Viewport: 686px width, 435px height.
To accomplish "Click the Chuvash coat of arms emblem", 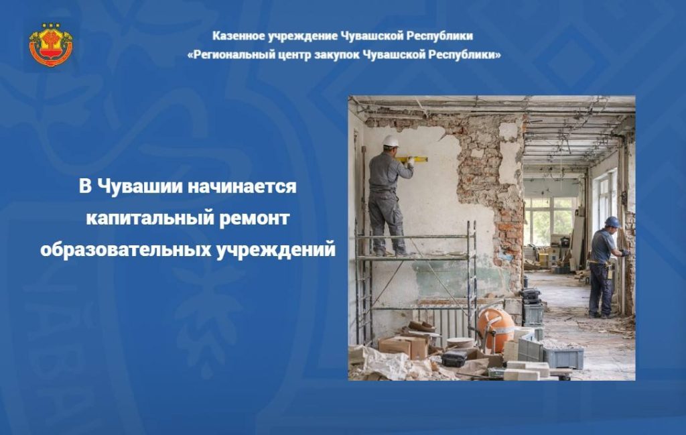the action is [51, 45].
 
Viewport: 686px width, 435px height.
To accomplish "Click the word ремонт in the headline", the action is [254, 219].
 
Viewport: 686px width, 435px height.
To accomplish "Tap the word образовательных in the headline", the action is [126, 249].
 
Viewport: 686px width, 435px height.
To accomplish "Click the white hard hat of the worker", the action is [391, 141].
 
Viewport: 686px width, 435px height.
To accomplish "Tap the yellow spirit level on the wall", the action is [411, 160].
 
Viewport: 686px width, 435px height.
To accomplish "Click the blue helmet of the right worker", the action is [612, 223].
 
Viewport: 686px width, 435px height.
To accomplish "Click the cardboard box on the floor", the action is [403, 346].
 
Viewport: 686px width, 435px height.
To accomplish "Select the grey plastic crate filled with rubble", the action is [563, 355].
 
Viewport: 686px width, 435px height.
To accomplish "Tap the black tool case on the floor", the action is [454, 359].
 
